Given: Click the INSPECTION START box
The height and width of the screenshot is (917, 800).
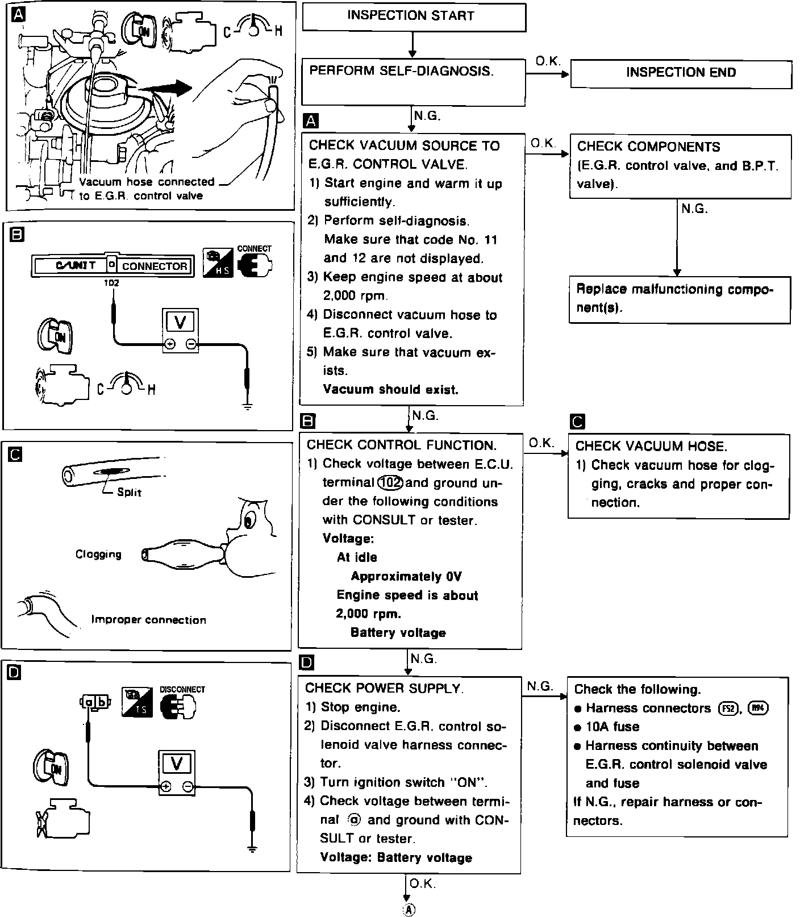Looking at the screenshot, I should [x=413, y=16].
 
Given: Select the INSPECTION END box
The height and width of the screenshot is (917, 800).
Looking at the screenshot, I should [x=681, y=73].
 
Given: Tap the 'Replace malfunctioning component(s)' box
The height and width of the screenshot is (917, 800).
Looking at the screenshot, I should [x=679, y=299].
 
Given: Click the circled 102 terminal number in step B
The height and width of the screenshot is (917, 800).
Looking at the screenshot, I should [x=390, y=483].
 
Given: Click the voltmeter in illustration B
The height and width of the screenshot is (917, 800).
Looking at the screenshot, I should [x=181, y=331].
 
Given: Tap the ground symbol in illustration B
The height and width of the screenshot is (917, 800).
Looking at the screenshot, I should [x=247, y=406].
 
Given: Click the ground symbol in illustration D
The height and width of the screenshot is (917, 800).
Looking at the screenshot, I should [x=252, y=849].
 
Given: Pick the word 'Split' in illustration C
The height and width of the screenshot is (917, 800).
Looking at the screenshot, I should [x=129, y=493].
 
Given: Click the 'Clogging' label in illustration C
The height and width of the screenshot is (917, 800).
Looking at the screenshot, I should [x=98, y=555].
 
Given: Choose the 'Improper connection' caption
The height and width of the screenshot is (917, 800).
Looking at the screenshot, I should [x=148, y=620].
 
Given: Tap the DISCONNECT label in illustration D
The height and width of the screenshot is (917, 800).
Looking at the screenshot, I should [x=182, y=689].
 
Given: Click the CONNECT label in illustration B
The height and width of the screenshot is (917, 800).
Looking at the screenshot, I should [x=254, y=248].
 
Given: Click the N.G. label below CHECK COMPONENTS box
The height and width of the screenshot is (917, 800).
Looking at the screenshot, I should [x=694, y=209].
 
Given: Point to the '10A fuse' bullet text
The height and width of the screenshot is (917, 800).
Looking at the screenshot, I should [x=612, y=727].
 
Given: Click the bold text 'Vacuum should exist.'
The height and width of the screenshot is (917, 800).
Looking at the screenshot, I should [x=390, y=390].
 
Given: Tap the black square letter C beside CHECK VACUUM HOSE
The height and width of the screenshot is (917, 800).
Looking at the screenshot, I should [x=577, y=422].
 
